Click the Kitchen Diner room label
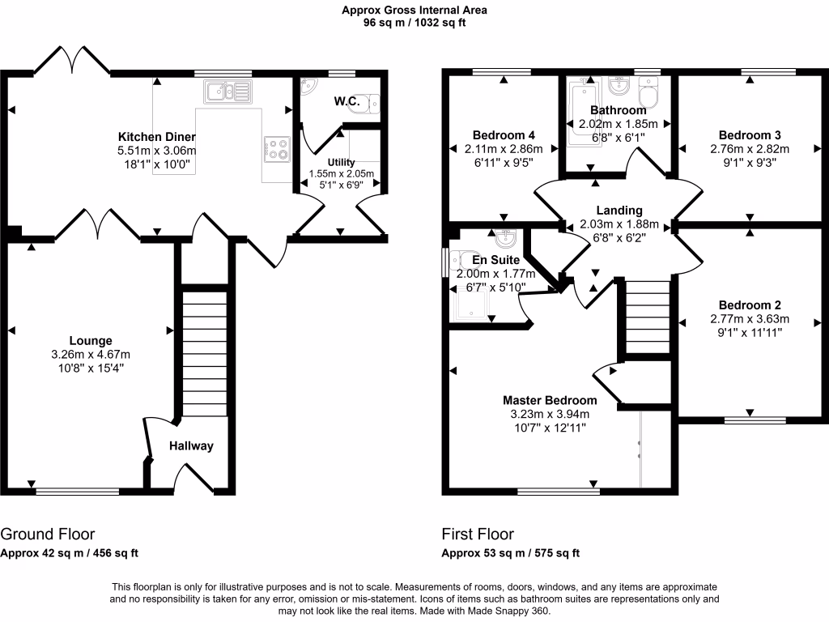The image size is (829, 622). coord(157,136)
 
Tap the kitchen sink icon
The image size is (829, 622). coord(228,92)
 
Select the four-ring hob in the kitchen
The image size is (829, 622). coord(278,148)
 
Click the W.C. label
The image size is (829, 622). coord(346,103)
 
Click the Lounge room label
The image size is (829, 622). coord(91,341)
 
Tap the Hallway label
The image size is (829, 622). coord(191,445)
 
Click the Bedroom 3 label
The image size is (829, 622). coord(749,135)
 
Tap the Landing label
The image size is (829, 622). coord(619,211)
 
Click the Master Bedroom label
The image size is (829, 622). coord(550,400)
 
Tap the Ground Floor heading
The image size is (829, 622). coord(48,535)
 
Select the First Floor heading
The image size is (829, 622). coord(478,535)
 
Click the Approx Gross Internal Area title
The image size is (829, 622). coord(414,11)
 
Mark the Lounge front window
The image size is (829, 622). coord(78,490)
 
